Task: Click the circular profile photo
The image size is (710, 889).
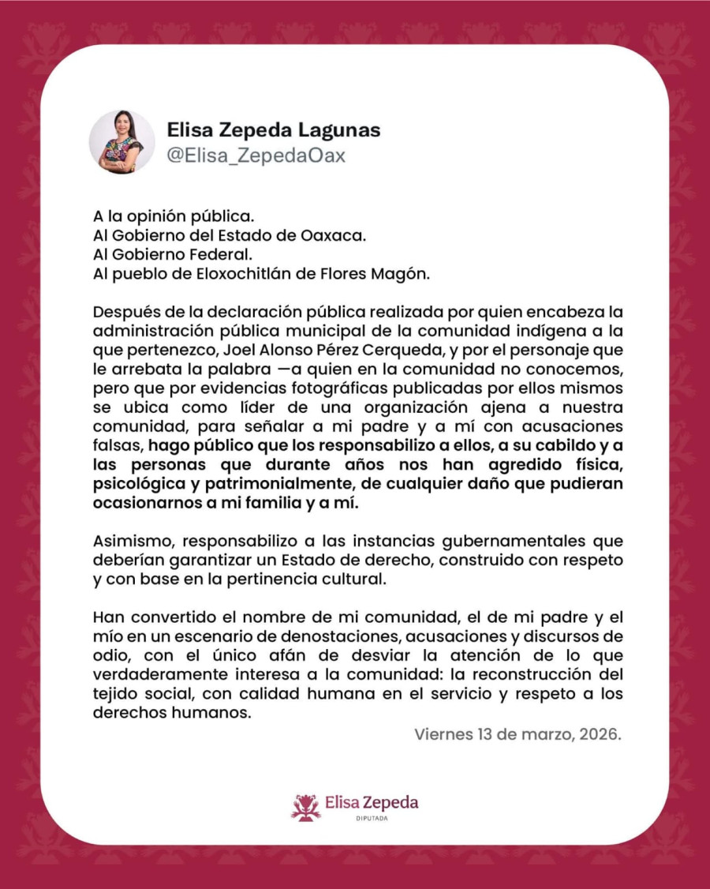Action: pos(121,142)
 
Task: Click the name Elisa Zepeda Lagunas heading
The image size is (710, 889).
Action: pos(274,130)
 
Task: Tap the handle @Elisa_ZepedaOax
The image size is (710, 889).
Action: pos(256,155)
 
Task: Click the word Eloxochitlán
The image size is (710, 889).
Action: pos(252,274)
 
